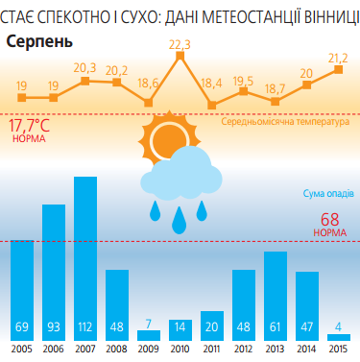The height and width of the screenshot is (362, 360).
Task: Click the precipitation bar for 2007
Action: pyautogui.click(x=85, y=257)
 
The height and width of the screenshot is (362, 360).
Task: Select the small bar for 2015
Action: pyautogui.click(x=338, y=336)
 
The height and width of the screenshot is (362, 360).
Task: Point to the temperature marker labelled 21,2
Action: pyautogui.click(x=338, y=72)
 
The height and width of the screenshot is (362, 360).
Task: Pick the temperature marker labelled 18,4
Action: pyautogui.click(x=212, y=103)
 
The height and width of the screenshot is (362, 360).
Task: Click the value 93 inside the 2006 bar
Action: pyautogui.click(x=54, y=326)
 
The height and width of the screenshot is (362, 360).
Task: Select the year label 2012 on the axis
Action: pyautogui.click(x=244, y=350)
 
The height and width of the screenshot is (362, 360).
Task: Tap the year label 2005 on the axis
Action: pyautogui.click(x=22, y=350)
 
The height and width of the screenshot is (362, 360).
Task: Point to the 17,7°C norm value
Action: pyautogui.click(x=29, y=126)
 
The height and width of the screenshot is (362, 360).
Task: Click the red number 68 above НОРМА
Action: pyautogui.click(x=330, y=219)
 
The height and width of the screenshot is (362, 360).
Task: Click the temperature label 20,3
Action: pyautogui.click(x=84, y=67)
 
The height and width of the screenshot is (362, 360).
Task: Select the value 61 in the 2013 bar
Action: pyautogui.click(x=276, y=326)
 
